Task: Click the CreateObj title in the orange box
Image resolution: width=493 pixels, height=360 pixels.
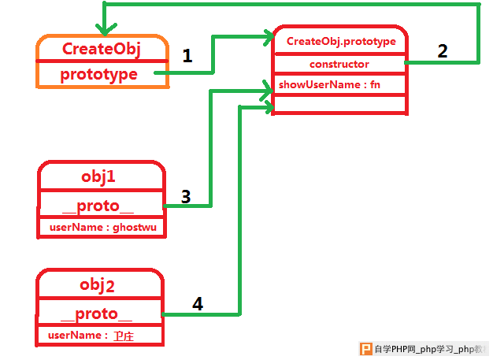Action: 102,49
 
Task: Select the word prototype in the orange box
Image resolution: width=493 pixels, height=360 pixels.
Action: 98,75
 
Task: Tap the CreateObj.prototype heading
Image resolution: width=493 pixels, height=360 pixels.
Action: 341,41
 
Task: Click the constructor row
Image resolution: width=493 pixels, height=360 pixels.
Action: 339,64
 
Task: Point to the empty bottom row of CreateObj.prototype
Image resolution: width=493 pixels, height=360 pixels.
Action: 340,104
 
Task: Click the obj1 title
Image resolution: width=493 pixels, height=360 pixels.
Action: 98,176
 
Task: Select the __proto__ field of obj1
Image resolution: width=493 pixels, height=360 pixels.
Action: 98,206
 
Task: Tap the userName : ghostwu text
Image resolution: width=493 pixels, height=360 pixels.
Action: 103,227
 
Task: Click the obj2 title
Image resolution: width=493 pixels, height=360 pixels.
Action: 97,285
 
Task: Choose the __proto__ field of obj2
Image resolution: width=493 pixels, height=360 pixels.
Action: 96,314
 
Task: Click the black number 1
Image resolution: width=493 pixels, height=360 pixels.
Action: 187,56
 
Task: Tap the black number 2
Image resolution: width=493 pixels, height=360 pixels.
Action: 443,51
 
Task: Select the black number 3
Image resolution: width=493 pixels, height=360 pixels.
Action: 186,197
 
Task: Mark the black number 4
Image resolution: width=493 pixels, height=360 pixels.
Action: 198,304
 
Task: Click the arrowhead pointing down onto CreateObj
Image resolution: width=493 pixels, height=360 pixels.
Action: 105,29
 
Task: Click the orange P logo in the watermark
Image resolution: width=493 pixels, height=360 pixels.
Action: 365,349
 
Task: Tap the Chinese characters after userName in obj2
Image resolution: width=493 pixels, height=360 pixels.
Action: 124,336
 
